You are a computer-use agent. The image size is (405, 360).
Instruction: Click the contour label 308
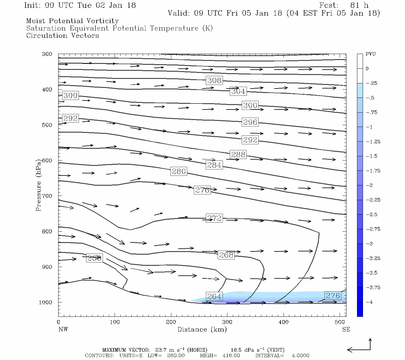click(x=214, y=80)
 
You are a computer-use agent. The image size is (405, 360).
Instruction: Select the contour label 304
click(x=238, y=91)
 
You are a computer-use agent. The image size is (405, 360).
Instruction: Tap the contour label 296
click(x=250, y=122)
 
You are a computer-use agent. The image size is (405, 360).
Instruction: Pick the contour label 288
click(x=238, y=155)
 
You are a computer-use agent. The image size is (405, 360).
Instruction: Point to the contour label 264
click(x=214, y=297)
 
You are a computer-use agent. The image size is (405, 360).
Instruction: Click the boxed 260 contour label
click(x=94, y=258)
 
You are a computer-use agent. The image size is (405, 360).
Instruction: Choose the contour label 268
click(x=226, y=255)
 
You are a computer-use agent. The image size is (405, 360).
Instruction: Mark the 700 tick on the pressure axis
click(x=47, y=196)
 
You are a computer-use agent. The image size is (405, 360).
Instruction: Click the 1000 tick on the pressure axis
click(x=46, y=302)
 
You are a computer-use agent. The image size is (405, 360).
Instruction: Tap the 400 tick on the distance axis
click(x=283, y=322)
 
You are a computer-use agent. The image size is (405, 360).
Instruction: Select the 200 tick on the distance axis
click(x=171, y=322)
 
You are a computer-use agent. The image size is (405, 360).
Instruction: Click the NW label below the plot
click(x=63, y=329)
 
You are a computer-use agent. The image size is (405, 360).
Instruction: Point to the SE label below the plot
click(x=346, y=329)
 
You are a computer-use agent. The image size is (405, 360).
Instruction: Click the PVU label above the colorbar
click(x=370, y=54)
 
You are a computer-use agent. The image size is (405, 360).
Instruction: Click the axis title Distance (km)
click(x=202, y=329)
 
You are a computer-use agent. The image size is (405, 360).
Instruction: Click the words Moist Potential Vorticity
click(x=72, y=21)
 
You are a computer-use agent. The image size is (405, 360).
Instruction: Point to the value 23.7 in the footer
click(x=160, y=350)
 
